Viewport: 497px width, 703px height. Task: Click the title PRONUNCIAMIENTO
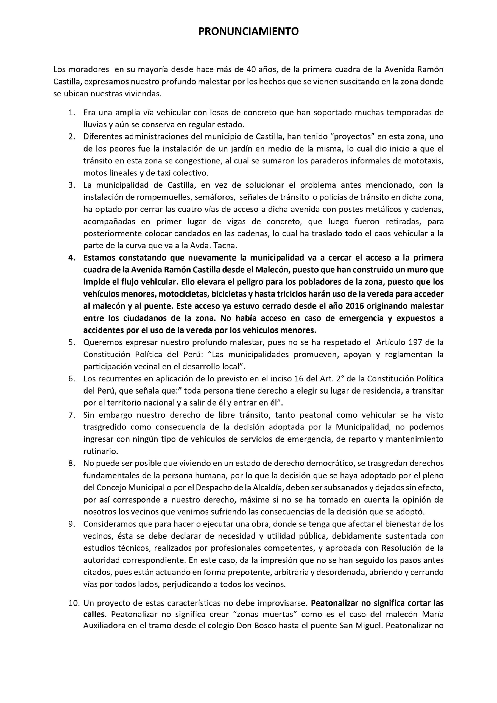[x=248, y=32]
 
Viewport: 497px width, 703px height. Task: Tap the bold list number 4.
[x=72, y=258]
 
